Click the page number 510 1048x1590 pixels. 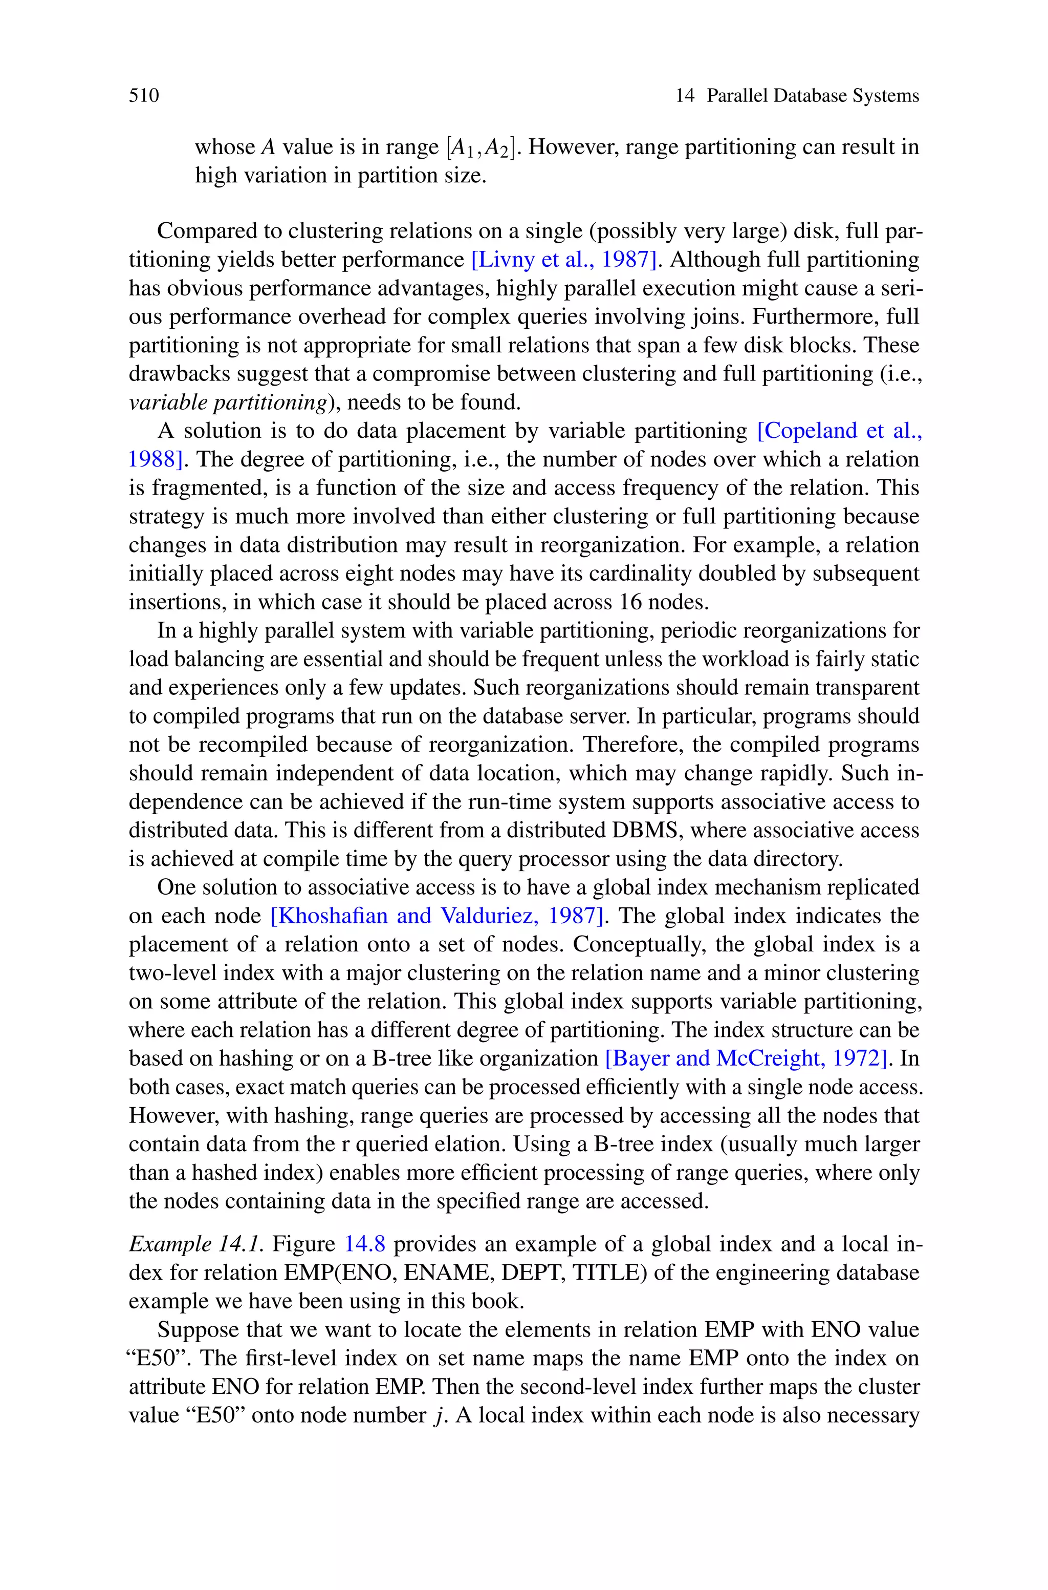point(144,96)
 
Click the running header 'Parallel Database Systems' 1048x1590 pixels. point(813,96)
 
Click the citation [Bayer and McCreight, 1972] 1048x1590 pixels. point(748,1058)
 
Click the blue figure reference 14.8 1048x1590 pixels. point(364,1244)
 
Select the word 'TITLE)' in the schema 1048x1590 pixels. point(610,1273)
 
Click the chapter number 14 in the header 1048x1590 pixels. point(685,96)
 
